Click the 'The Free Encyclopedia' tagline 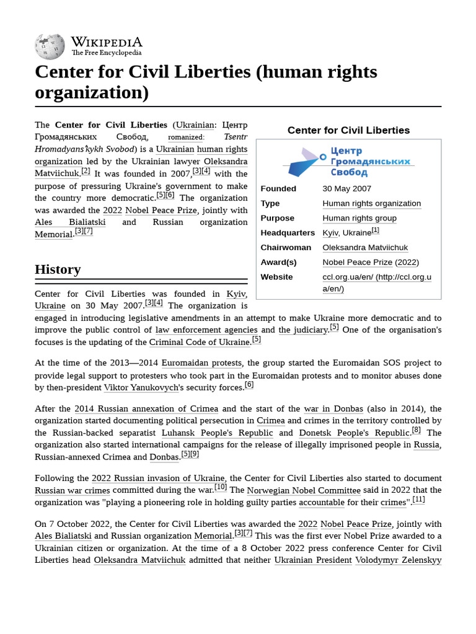[x=106, y=53]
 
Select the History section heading [x=58, y=269]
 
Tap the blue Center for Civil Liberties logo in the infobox [x=348, y=162]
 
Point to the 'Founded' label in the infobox [x=278, y=189]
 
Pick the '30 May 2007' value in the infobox [x=346, y=189]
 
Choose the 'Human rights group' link [x=359, y=218]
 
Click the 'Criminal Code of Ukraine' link [x=200, y=342]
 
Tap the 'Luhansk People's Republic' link [x=217, y=433]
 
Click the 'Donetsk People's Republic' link [x=354, y=433]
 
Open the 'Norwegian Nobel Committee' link [x=295, y=490]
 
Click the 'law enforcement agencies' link [x=206, y=330]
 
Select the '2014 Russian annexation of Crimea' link [x=146, y=409]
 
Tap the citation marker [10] [x=221, y=487]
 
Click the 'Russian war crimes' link [x=73, y=490]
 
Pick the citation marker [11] [x=418, y=500]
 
